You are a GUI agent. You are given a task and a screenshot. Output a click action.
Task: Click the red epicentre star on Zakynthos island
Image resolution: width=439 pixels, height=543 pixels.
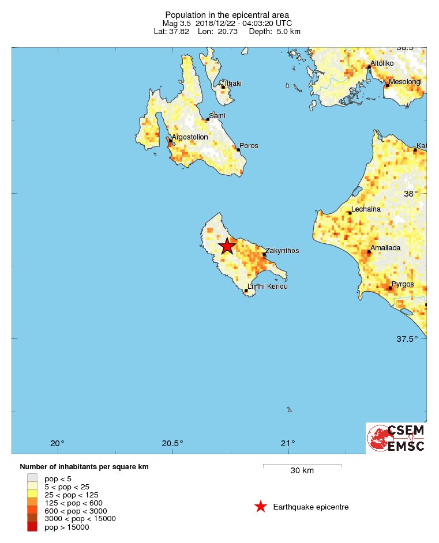click(x=227, y=246)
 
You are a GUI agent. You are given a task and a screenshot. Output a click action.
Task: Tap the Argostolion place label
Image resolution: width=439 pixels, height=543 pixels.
click(x=190, y=137)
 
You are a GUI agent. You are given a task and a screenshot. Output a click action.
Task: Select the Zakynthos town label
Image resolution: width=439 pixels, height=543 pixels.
click(x=282, y=251)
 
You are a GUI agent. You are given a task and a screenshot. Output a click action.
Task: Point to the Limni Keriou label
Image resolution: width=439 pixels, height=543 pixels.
click(x=267, y=286)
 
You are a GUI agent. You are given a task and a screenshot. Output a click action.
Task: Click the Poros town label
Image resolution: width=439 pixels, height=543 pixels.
click(x=249, y=146)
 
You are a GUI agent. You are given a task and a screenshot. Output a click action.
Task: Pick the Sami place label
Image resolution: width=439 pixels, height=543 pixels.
click(x=217, y=116)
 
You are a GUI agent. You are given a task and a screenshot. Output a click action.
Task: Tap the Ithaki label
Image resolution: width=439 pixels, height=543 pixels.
click(x=233, y=84)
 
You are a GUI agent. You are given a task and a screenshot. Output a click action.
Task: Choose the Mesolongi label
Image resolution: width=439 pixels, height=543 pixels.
click(x=405, y=82)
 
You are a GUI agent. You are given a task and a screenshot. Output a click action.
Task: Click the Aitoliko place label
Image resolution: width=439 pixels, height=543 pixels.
click(x=381, y=63)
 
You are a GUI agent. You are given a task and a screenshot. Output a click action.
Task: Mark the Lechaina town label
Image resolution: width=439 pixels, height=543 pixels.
click(x=366, y=209)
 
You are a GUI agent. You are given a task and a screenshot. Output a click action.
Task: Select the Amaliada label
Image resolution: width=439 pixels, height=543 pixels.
click(x=385, y=248)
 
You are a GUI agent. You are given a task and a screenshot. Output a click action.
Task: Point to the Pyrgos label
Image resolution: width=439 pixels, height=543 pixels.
click(x=403, y=284)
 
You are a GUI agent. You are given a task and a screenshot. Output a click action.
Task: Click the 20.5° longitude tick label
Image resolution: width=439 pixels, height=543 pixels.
click(x=172, y=443)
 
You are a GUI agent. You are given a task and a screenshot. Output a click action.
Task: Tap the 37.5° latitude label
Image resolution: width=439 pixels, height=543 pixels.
click(x=407, y=339)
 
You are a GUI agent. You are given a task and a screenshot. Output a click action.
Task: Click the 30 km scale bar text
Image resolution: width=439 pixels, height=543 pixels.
click(x=302, y=470)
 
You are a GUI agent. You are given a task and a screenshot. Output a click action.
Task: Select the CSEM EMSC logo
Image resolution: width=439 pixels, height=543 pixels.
click(x=396, y=438)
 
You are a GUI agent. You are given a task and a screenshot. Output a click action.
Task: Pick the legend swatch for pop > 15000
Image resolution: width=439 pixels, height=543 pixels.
click(x=32, y=526)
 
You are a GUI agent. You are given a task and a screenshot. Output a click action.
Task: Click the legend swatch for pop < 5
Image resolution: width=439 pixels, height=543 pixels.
click(x=32, y=478)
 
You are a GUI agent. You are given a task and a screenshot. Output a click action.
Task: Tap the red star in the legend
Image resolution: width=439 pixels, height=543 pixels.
click(x=261, y=507)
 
